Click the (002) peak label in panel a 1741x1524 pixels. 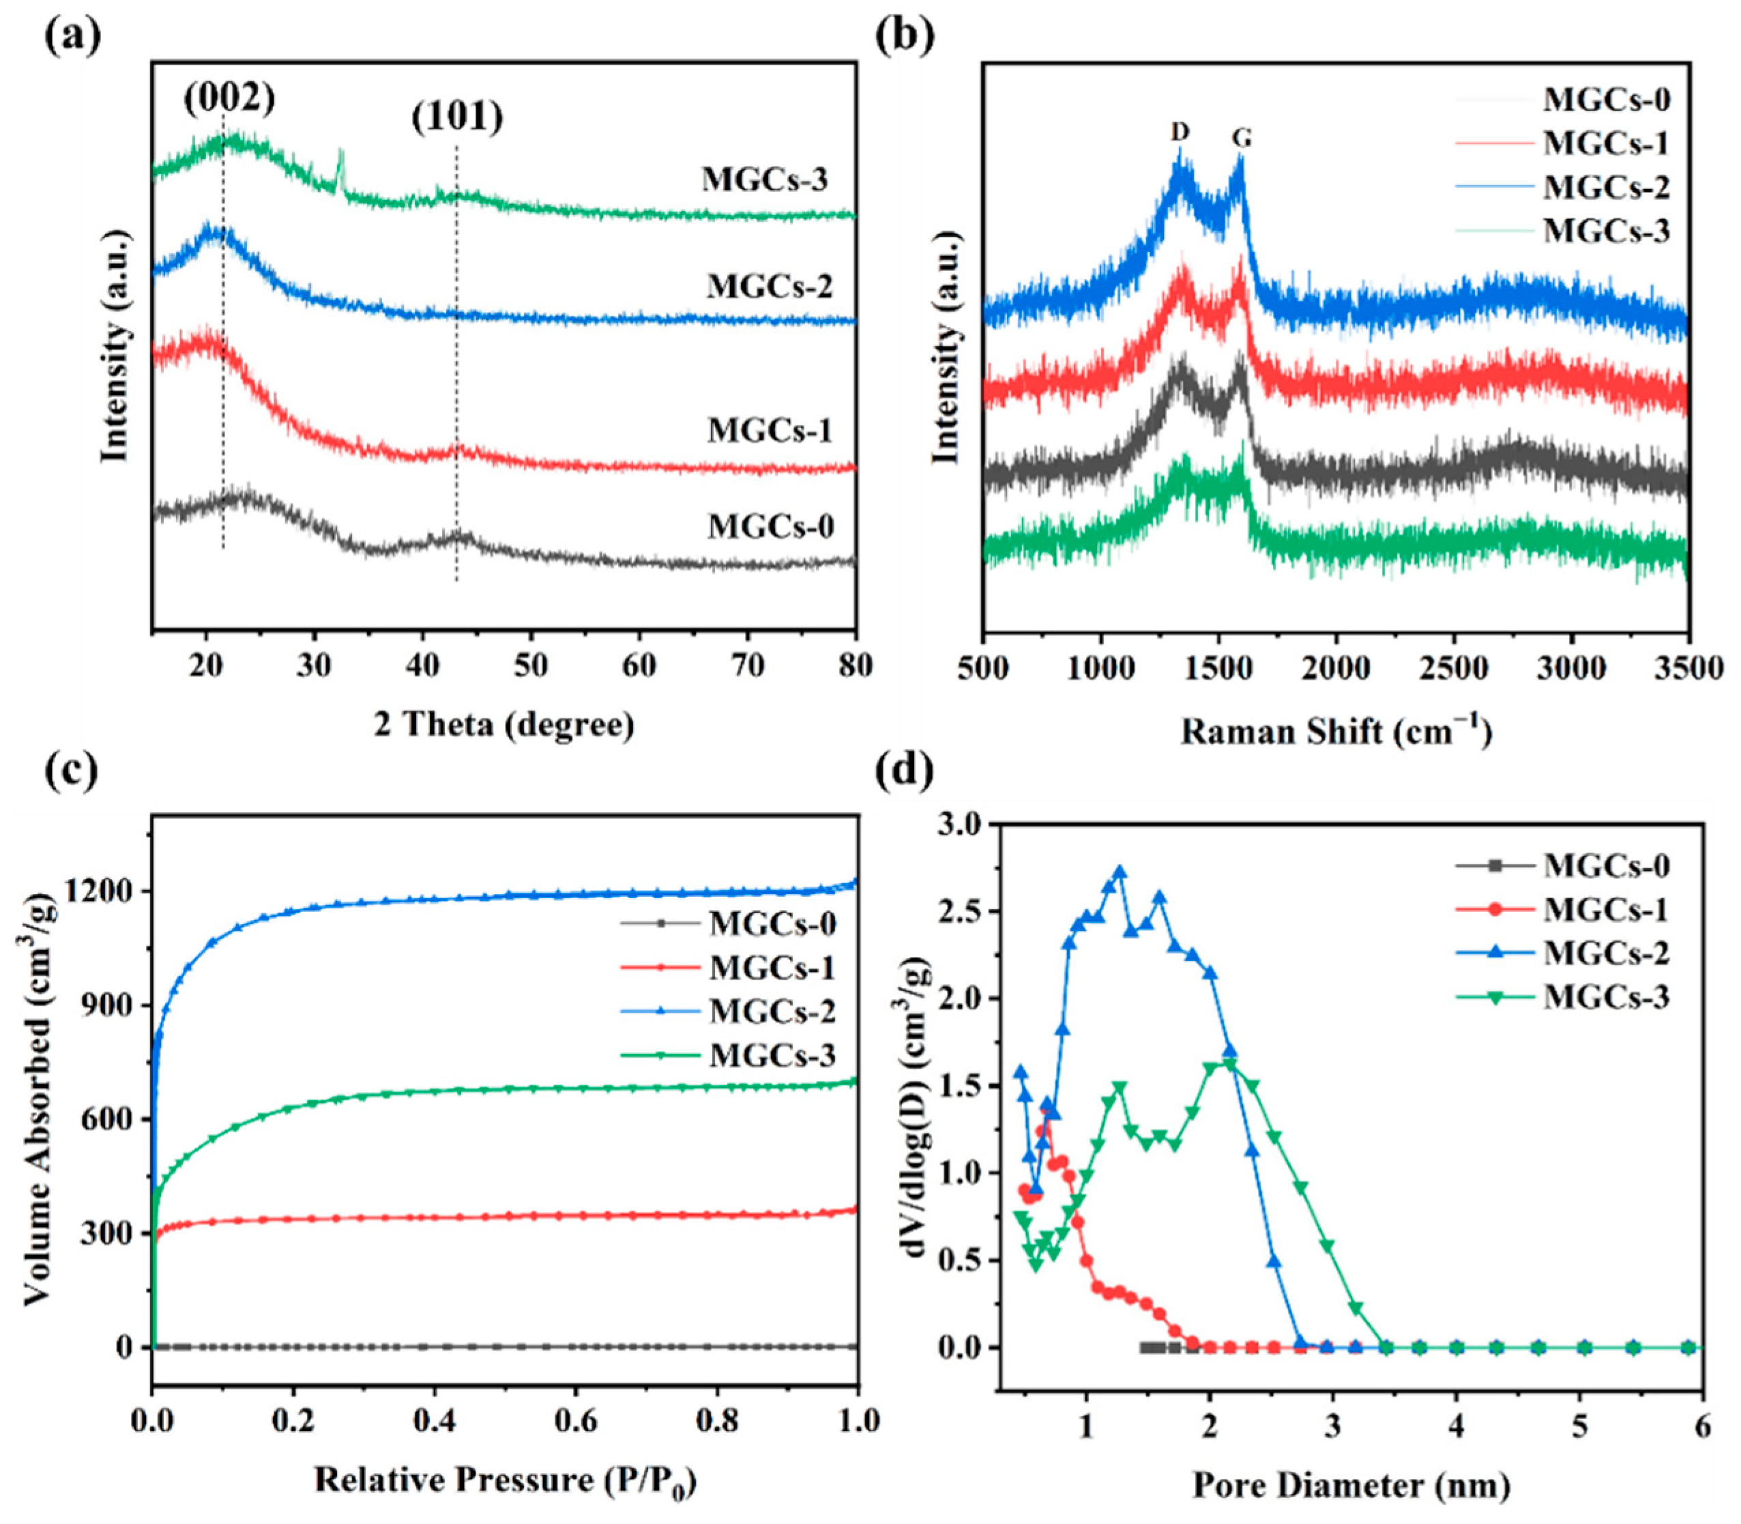[x=229, y=100]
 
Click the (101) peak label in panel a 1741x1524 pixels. [x=457, y=117]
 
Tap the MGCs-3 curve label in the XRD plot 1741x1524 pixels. [x=764, y=179]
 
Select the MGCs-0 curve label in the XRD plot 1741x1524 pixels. [x=771, y=526]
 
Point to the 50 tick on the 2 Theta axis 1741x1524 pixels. [x=531, y=666]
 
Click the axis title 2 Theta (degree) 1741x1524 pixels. [x=504, y=725]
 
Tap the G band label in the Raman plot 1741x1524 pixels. [x=1242, y=138]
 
